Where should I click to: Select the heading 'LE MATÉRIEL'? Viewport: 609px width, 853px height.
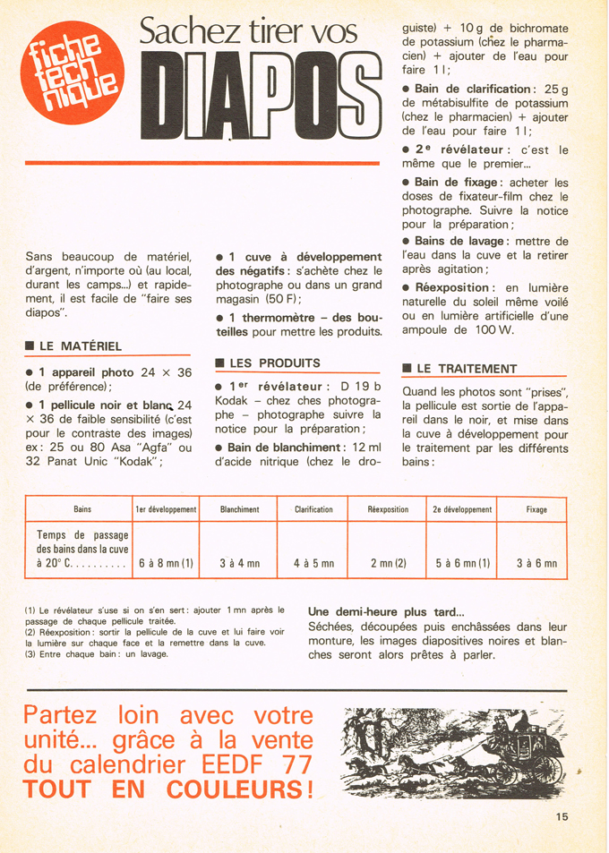click(x=80, y=346)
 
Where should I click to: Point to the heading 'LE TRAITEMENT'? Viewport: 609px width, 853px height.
click(x=466, y=368)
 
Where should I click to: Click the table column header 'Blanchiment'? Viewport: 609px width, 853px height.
click(x=239, y=509)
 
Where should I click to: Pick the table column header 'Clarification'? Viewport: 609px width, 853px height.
click(x=313, y=509)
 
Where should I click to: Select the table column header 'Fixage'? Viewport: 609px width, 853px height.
click(x=536, y=509)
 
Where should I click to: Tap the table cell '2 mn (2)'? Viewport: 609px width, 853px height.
click(x=388, y=564)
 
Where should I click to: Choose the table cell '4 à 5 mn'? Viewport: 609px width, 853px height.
click(x=313, y=564)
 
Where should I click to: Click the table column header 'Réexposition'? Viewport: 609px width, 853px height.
click(x=388, y=509)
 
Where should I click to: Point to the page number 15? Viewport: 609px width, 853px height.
click(x=562, y=815)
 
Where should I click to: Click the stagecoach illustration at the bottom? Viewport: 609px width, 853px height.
click(x=454, y=748)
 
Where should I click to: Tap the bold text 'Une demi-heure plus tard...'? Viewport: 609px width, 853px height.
click(x=386, y=611)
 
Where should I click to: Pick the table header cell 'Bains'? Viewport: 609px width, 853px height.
click(x=82, y=509)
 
